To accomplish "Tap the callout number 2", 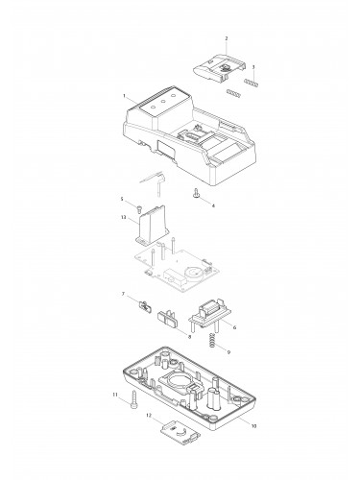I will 226,38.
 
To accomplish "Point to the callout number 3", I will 253,68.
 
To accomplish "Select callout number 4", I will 213,205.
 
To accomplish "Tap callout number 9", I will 228,354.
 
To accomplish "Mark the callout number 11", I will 113,395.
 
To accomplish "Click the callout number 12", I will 149,415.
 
